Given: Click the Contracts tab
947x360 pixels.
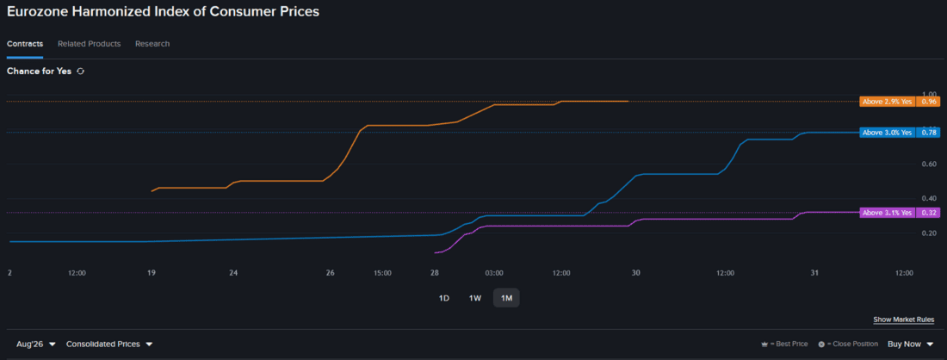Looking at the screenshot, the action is coord(25,44).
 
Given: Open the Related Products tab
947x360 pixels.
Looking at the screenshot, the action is coord(90,44).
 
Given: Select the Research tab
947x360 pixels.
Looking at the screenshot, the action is coord(152,44).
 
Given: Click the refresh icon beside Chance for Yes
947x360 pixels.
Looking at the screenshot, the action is coord(80,71).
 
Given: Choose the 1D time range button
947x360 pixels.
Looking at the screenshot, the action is coord(444,298).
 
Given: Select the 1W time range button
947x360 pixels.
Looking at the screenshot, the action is coord(474,298).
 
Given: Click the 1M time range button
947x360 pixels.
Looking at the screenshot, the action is coord(506,298).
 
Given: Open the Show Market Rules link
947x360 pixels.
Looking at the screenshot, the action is coord(903,320).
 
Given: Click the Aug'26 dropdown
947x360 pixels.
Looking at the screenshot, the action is coord(35,344).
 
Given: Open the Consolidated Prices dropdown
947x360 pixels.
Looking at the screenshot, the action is coord(109,344).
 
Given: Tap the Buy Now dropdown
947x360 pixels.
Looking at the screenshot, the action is coord(910,344).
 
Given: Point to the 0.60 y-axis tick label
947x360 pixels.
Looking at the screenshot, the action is coord(929,164).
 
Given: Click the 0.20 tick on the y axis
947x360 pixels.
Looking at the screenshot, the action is coord(929,233).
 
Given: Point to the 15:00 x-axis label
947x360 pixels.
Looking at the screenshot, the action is coord(382,273).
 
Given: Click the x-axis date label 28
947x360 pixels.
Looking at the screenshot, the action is coord(434,273).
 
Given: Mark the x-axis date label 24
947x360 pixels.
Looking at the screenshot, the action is coord(233,273).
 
